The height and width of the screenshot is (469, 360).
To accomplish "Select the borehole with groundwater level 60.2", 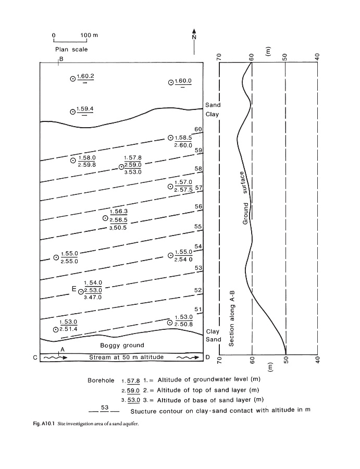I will click(73, 79).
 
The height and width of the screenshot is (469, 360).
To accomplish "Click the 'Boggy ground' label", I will click(122, 345).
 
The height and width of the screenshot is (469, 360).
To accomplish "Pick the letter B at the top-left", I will click(61, 59).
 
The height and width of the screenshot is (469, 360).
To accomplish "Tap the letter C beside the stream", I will click(35, 358).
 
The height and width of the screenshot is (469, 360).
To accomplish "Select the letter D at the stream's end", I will click(208, 358).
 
